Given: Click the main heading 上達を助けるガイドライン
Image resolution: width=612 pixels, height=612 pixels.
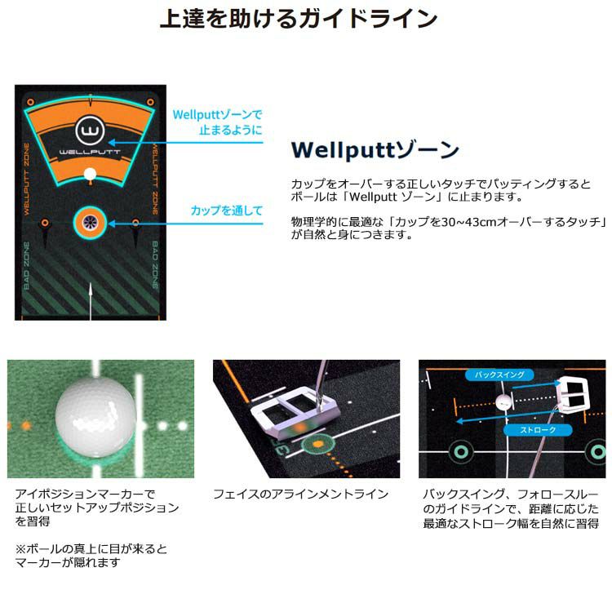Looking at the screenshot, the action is point(299,18).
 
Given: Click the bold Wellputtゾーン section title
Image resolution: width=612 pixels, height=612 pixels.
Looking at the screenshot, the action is point(375,150).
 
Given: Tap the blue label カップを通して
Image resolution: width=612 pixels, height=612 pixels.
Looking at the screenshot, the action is point(227,211).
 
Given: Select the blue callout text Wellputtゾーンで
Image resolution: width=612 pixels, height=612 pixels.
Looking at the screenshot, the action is point(217,115).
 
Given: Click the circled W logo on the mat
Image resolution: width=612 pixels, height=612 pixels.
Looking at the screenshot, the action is point(90,131).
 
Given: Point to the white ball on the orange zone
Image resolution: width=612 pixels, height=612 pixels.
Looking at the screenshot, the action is point(90,174).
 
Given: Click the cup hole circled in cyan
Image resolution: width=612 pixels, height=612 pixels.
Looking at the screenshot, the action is point(90,223).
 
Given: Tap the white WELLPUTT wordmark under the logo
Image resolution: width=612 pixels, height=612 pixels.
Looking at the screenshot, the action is point(90,152).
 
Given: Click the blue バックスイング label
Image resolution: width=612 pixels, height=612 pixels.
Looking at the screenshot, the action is point(499,375).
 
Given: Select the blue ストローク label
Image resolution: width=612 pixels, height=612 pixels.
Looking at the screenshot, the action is point(538,430).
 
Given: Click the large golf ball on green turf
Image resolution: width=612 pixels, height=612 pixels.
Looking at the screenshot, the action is point(95,417).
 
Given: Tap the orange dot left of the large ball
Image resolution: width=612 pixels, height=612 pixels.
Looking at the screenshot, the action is point(26,425).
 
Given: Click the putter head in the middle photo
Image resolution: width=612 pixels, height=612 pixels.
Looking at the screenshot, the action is point(295,412).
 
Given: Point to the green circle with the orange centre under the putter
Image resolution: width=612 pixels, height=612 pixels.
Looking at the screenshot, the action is point(318,444).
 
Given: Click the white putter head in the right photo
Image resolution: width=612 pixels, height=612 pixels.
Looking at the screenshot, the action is point(572,395).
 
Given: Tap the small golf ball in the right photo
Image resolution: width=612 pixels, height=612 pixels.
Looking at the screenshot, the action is point(504,402).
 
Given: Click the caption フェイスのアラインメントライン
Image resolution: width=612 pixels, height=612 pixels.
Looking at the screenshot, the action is point(300,494).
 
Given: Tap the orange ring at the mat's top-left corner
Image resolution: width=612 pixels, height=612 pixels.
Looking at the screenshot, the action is point(30,102).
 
